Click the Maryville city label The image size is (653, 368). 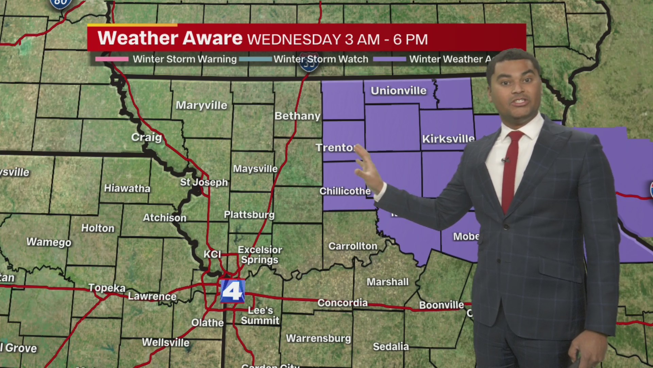tap(201, 105)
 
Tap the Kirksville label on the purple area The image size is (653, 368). tap(448, 139)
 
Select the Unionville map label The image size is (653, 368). tap(398, 91)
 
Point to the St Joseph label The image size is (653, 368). tap(204, 182)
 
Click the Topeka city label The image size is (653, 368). tap(107, 288)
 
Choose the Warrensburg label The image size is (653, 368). tap(318, 338)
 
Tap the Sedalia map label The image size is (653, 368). tap(391, 347)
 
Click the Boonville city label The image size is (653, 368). tap(441, 305)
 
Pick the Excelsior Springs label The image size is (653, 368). tap(260, 255)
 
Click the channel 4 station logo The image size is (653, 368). tap(232, 291)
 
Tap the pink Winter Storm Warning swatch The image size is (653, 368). tap(112, 59)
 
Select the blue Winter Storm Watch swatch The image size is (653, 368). tap(255, 59)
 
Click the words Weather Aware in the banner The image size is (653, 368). tap(170, 38)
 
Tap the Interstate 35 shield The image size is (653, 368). tap(309, 63)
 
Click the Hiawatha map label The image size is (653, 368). tap(127, 188)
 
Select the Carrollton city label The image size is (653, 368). tap(353, 246)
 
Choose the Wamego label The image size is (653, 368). tap(49, 242)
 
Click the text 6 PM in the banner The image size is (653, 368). tap(411, 40)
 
